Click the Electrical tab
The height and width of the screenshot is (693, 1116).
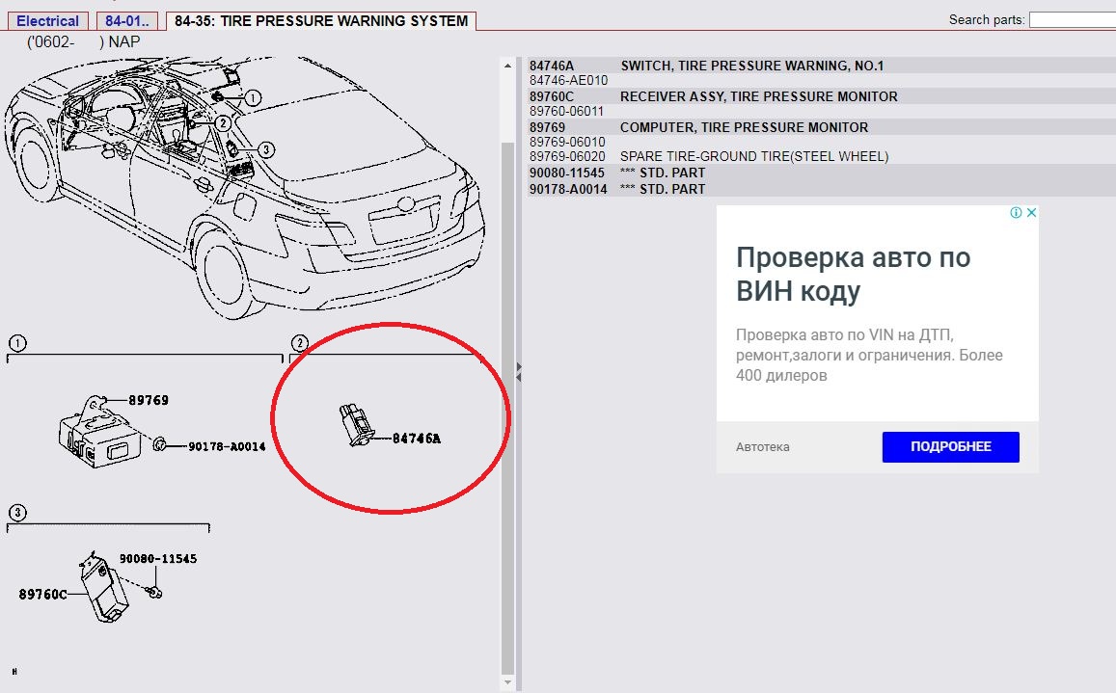47,20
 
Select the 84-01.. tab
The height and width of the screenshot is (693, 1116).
126,20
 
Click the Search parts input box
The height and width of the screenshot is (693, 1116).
1073,20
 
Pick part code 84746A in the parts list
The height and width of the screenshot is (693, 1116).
551,66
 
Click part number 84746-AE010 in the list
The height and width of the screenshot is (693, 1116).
568,80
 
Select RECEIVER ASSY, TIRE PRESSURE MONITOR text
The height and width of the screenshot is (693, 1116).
759,96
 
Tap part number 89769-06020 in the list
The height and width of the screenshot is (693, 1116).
567,156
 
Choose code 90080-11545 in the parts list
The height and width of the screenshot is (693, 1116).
566,173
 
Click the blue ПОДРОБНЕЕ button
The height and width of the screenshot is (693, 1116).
950,447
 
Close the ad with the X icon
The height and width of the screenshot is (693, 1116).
1031,212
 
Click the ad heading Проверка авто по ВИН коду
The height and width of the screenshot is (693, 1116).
853,274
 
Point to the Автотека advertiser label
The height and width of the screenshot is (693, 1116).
762,447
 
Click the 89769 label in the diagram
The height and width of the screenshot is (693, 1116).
148,400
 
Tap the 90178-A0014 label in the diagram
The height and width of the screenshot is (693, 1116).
227,446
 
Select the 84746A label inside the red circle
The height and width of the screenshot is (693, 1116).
417,439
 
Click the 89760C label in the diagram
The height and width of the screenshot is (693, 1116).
42,594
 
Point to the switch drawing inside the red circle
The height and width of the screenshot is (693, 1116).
357,424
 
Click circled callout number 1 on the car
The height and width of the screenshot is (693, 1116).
253,98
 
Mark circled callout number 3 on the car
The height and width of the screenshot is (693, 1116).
265,149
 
